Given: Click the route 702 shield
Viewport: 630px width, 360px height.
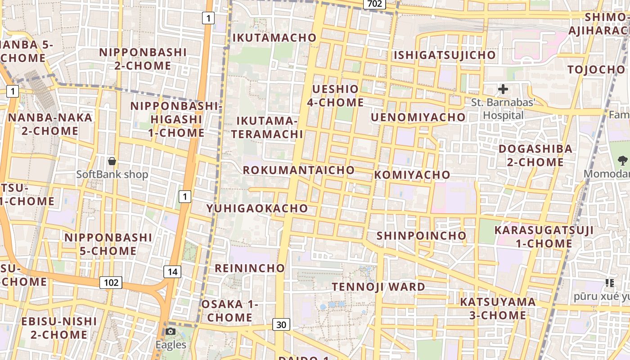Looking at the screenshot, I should click(x=374, y=4).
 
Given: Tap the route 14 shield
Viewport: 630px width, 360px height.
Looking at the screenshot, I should click(x=172, y=271).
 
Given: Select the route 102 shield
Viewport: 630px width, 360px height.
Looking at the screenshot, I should click(x=111, y=283).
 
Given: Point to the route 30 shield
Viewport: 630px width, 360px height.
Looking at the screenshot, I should click(x=281, y=324).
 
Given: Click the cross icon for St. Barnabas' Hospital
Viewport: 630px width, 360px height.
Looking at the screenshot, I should click(x=503, y=89).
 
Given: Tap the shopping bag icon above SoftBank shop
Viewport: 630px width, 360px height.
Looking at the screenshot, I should click(x=112, y=161).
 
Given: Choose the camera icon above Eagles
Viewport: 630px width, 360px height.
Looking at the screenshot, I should click(x=171, y=332).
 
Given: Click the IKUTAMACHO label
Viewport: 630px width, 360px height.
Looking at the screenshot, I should click(x=274, y=38).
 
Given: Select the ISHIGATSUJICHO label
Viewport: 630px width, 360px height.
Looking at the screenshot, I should click(x=445, y=55).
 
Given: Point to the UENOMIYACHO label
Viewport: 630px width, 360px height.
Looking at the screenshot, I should click(x=418, y=117).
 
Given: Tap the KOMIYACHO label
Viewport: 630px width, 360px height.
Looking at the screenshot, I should click(x=412, y=175).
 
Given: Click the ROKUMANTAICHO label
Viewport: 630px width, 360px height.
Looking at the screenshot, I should click(x=299, y=170).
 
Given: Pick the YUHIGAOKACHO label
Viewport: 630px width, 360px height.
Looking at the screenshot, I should click(x=257, y=208).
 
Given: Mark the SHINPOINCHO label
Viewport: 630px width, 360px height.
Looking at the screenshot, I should click(x=421, y=236).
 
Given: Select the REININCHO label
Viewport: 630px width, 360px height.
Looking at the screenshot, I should click(x=250, y=269).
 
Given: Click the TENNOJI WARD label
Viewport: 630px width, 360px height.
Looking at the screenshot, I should click(x=378, y=287).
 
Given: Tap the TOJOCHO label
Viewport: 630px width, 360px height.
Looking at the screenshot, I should click(x=596, y=70).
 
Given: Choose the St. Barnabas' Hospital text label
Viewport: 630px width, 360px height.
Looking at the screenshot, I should click(x=503, y=109).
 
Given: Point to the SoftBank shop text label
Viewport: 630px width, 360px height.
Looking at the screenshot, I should click(x=112, y=174).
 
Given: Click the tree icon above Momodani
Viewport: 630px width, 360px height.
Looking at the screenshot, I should click(x=623, y=160).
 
